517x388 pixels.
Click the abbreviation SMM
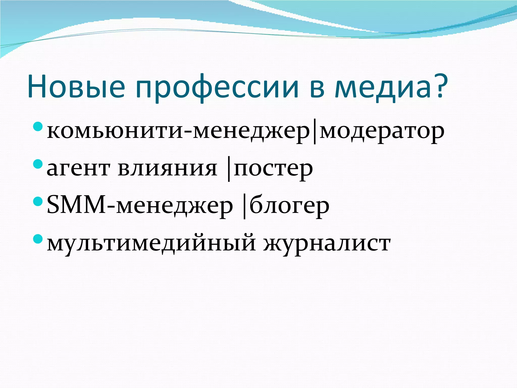click(76, 206)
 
